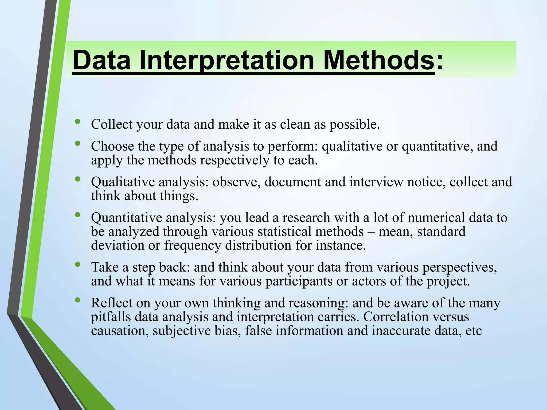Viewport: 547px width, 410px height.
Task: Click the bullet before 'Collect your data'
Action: click(x=78, y=122)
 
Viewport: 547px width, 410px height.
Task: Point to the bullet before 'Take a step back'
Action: click(x=78, y=265)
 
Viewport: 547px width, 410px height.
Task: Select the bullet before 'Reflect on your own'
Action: click(x=78, y=300)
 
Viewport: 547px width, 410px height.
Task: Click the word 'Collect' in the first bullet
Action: click(x=112, y=124)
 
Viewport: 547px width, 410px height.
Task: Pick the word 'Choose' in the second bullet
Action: click(x=112, y=146)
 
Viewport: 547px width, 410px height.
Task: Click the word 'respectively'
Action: click(x=235, y=161)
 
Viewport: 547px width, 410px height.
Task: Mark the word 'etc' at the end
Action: click(x=474, y=331)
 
